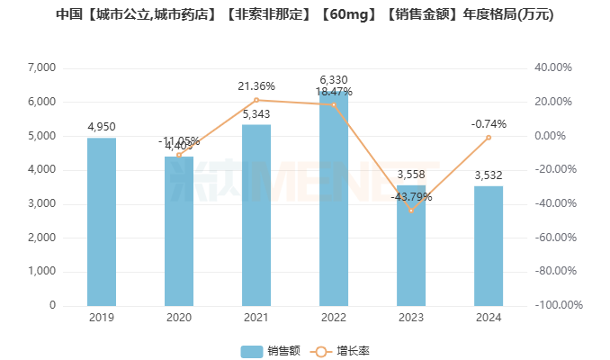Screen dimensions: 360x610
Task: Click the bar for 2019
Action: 102,221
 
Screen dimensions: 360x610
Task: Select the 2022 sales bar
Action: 334,198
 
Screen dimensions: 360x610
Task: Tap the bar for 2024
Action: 489,246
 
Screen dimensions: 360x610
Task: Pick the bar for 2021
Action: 256,215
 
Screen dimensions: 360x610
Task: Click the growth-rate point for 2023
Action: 411,211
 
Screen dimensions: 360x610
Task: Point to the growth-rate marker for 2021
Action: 256,100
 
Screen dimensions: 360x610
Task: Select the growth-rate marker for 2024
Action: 489,137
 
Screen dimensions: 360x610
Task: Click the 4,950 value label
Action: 102,127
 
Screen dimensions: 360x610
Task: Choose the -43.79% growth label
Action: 411,197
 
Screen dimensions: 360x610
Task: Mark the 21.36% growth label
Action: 256,86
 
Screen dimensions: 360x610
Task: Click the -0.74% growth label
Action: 489,123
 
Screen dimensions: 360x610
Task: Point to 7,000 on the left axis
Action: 41,67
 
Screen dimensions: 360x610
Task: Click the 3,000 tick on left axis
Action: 41,203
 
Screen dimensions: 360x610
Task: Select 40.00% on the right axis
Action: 554,67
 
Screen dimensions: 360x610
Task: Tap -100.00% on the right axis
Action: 558,305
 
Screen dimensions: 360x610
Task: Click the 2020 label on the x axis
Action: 179,317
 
